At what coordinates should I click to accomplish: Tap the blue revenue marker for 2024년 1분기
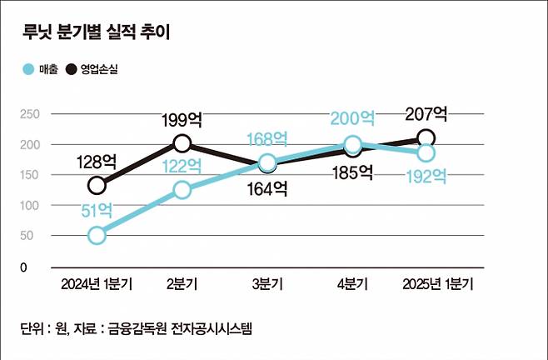click(97, 235)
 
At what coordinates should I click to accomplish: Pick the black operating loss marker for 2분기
click(182, 143)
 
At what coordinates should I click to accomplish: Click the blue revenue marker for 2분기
click(182, 190)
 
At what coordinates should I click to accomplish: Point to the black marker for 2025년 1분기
click(426, 138)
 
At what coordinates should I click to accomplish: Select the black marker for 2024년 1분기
click(97, 185)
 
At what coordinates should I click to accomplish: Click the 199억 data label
click(182, 122)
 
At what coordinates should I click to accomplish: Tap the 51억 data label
click(97, 212)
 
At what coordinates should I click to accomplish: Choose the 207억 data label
click(426, 113)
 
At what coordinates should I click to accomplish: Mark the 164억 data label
click(267, 188)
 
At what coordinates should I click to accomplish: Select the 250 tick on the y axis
click(28, 114)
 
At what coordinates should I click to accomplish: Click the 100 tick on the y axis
click(28, 205)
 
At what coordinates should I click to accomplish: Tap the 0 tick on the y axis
click(24, 267)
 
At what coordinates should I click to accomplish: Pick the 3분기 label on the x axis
click(267, 284)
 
